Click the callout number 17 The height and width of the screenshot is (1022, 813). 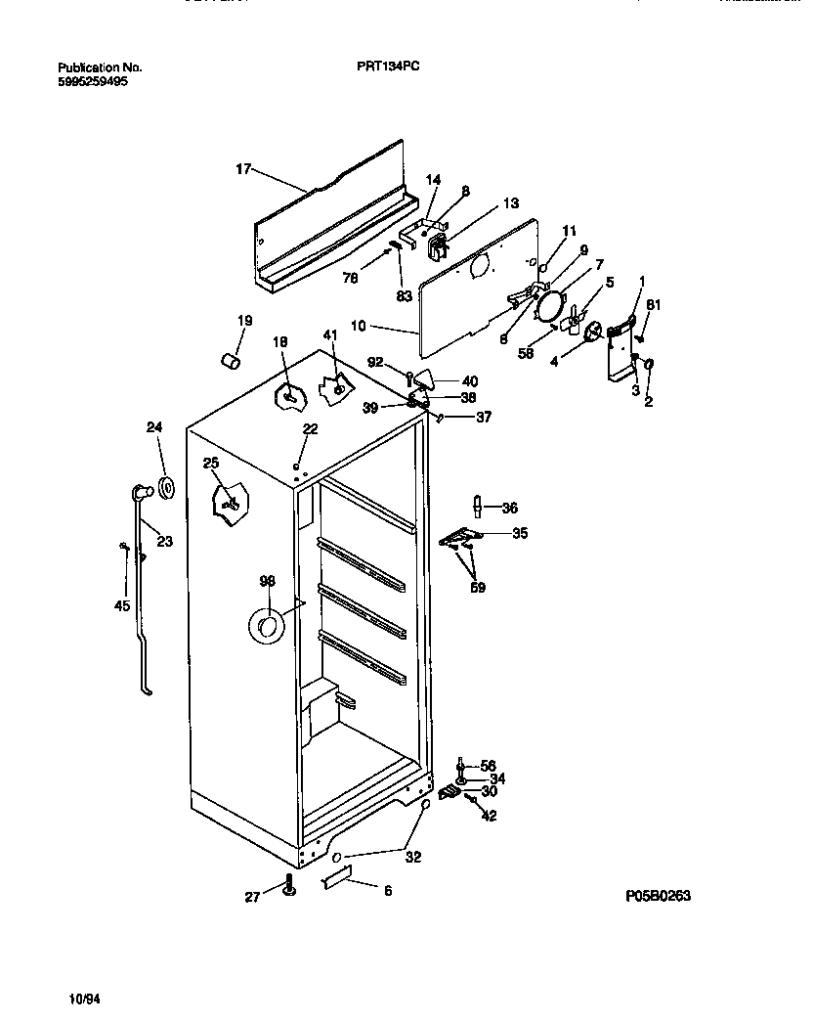(x=243, y=169)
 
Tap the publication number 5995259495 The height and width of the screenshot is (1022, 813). (x=93, y=82)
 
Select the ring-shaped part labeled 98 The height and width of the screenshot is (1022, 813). (x=265, y=626)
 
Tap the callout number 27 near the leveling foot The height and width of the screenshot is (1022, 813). (x=252, y=895)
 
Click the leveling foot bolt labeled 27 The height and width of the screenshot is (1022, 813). (x=289, y=887)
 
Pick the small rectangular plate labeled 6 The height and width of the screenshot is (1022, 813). (x=336, y=882)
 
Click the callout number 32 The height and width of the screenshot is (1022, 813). (x=413, y=858)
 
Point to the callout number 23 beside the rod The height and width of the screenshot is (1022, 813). (x=164, y=541)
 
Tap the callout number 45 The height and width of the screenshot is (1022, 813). (x=121, y=605)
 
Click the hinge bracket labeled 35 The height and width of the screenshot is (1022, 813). (x=460, y=537)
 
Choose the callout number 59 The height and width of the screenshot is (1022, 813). (x=477, y=588)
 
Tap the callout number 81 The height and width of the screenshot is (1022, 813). (x=654, y=306)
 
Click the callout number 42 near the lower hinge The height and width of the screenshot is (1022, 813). (x=489, y=815)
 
